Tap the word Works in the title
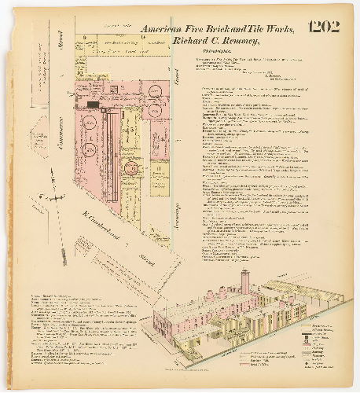click(x=277, y=30)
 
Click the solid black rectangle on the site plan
click(x=94, y=105)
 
